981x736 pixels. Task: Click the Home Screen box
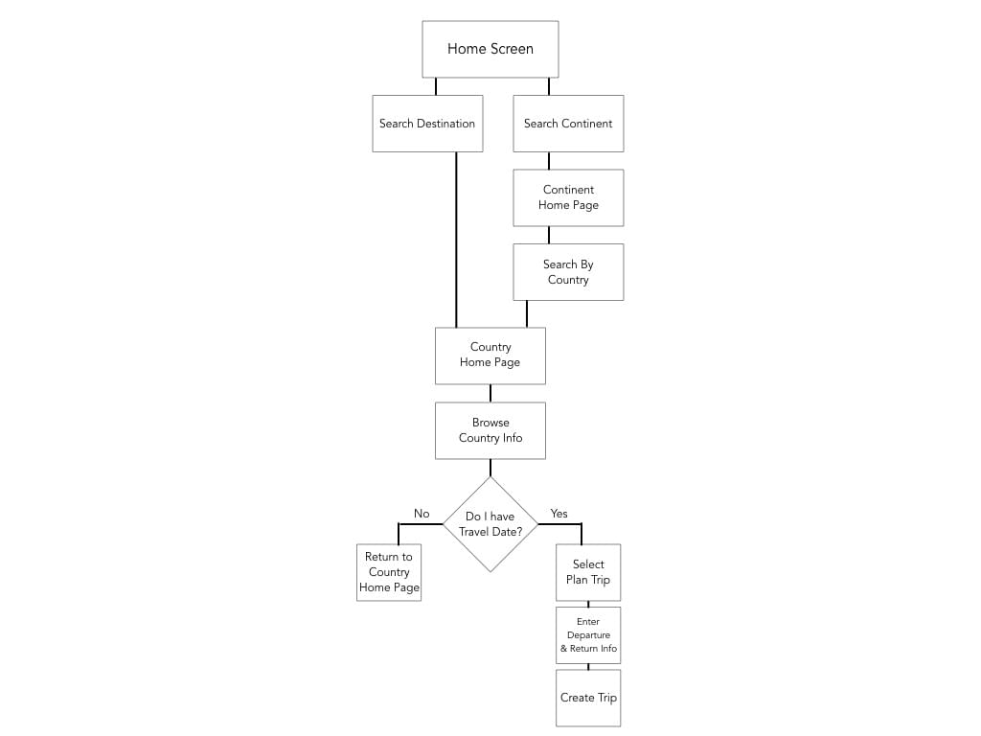490,49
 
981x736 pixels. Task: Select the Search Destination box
427,124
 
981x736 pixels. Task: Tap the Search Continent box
568,124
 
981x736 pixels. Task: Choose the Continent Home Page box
568,197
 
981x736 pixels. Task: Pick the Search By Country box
568,272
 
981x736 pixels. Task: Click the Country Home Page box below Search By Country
490,356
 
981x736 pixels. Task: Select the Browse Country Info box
490,430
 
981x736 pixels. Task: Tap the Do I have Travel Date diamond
490,524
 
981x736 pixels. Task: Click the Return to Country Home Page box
389,572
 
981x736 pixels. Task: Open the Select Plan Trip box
588,572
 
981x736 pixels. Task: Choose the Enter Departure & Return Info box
588,635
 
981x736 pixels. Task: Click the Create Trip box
588,698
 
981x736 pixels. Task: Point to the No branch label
422,514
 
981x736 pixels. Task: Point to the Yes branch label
559,514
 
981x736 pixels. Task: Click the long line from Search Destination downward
456,240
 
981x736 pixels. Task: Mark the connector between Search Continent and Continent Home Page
549,161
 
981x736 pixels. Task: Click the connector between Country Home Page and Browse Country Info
490,393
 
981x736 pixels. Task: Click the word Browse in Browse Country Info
490,423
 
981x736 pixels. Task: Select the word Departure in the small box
588,635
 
